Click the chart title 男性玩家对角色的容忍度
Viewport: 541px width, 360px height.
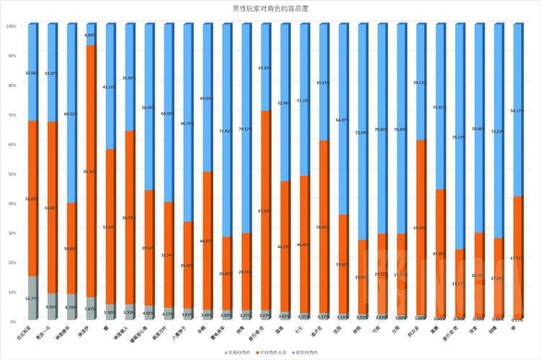(270, 8)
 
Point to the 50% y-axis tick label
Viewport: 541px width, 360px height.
(12, 173)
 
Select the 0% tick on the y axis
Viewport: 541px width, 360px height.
(13, 320)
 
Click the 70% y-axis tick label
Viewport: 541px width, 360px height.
(12, 114)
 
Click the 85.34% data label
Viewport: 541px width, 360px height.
(89, 171)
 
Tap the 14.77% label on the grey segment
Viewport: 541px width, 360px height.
(31, 298)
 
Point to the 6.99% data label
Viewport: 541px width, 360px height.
(89, 35)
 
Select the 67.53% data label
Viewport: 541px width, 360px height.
(264, 211)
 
